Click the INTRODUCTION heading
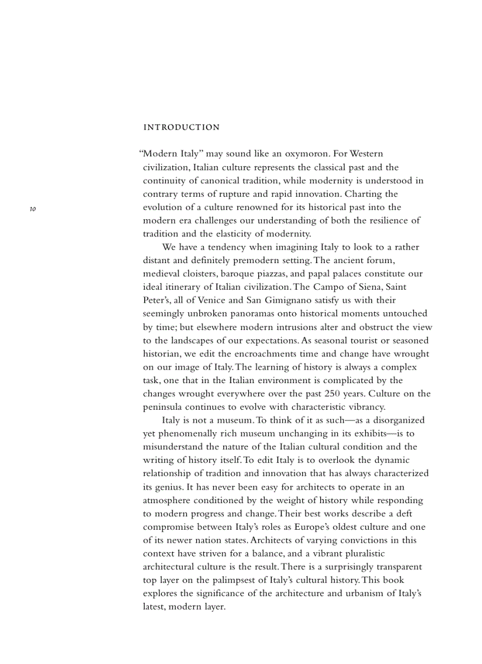coord(181,127)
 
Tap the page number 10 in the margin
coord(33,209)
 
